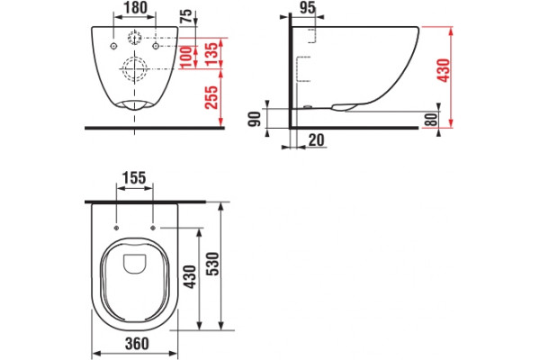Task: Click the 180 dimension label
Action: point(135,7)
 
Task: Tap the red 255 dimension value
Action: point(211,97)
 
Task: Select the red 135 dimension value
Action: point(212,53)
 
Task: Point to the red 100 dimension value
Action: point(185,57)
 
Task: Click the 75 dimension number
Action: point(186,17)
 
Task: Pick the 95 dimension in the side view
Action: point(307,7)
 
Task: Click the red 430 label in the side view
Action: point(444,70)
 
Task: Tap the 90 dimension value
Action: point(256,119)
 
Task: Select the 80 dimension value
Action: point(431,120)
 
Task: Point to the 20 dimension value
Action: point(316,140)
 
